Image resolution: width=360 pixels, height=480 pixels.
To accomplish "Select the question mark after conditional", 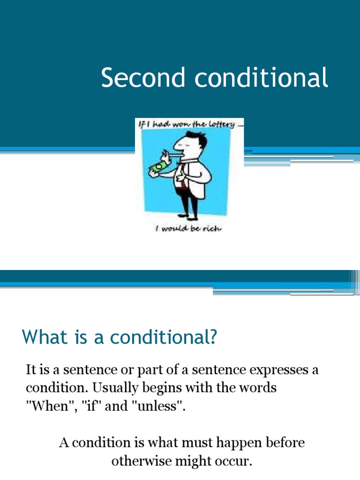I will pos(214,337).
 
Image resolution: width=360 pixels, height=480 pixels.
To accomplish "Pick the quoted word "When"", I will pos(46,407).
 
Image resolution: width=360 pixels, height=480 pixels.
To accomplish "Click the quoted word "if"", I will pos(95,407).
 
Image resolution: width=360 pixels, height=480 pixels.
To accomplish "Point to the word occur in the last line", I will pos(233,461).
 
